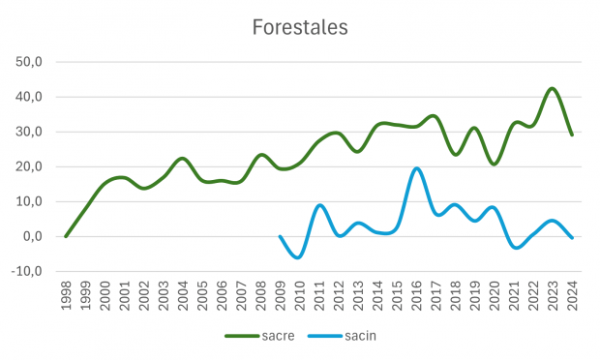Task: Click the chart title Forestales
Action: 299,27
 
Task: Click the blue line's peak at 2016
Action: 416,168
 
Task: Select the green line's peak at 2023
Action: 552,88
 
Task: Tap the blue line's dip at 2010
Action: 299,256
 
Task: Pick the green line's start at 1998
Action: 66,236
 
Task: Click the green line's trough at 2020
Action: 495,165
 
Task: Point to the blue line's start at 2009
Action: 281,236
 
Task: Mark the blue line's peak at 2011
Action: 319,205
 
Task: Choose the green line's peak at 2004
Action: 182,158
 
